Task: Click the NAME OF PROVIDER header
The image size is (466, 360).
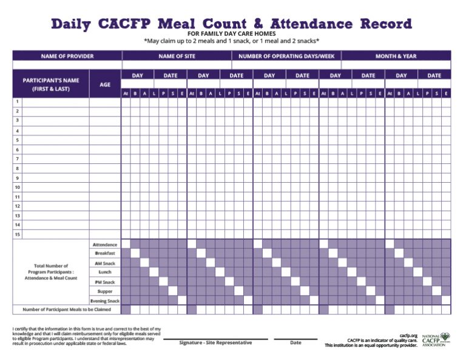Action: [67, 56]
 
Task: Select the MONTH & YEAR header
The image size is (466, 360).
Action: [396, 56]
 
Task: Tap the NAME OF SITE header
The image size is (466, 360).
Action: [176, 56]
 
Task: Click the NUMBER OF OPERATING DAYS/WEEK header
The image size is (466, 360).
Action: [286, 56]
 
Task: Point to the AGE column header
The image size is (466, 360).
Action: [105, 85]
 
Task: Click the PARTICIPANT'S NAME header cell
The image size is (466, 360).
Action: [51, 84]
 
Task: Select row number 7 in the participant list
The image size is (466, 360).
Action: [18, 159]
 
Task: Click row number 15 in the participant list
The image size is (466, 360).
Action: [18, 234]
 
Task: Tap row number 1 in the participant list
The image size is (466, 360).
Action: [18, 102]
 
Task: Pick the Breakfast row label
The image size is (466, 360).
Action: [105, 253]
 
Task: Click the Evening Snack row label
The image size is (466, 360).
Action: [105, 301]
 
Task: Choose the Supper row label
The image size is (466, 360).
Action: [105, 291]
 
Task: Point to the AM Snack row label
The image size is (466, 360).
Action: [105, 263]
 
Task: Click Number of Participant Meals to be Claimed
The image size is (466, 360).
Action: [67, 310]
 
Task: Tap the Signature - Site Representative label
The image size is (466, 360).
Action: [215, 342]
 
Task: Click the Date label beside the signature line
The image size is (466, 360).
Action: [295, 342]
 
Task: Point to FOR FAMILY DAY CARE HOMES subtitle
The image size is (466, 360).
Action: [232, 34]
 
